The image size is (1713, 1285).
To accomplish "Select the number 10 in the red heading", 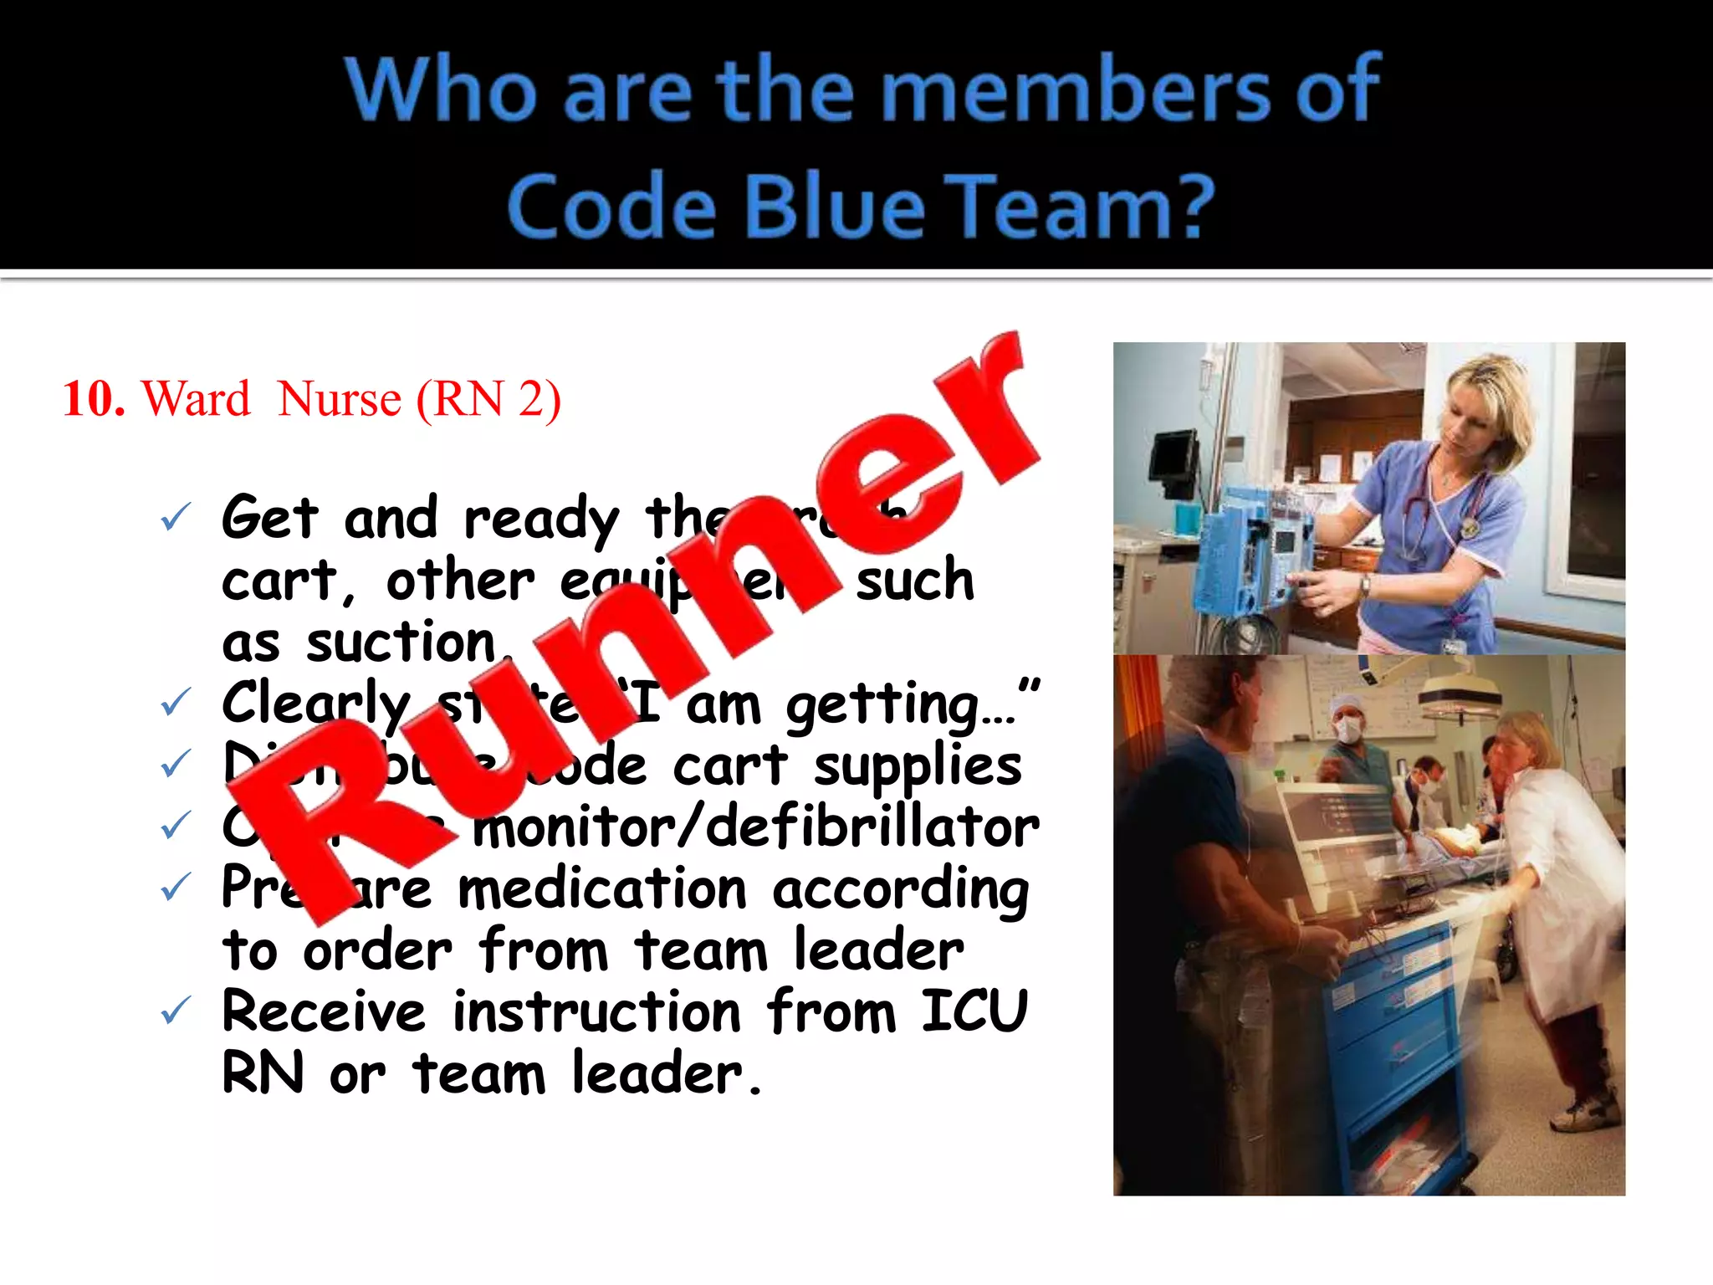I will click(94, 398).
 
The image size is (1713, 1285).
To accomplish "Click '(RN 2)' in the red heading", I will click(488, 400).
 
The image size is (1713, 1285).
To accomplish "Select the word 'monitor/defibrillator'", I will click(756, 828).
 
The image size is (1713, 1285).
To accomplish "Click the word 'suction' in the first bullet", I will click(401, 643).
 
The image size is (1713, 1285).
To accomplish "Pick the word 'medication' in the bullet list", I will click(602, 888).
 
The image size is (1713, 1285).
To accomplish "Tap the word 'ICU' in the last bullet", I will click(974, 1011).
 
